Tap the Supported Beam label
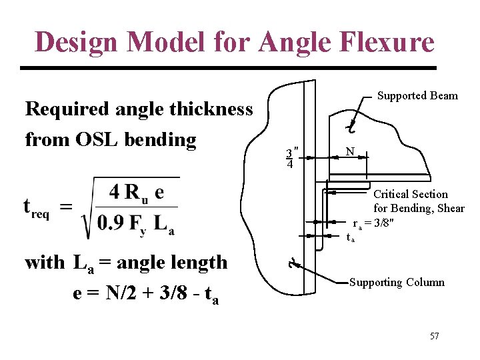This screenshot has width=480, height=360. point(417,95)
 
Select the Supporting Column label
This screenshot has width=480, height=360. point(397,282)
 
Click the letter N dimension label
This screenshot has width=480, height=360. point(350,152)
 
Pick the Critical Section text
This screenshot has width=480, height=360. point(410,194)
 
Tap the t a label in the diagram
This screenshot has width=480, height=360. point(351,237)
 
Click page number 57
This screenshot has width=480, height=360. point(434,336)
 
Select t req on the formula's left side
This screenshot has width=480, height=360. point(37,207)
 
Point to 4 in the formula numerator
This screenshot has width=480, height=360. point(115,192)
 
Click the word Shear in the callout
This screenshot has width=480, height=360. point(450,208)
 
